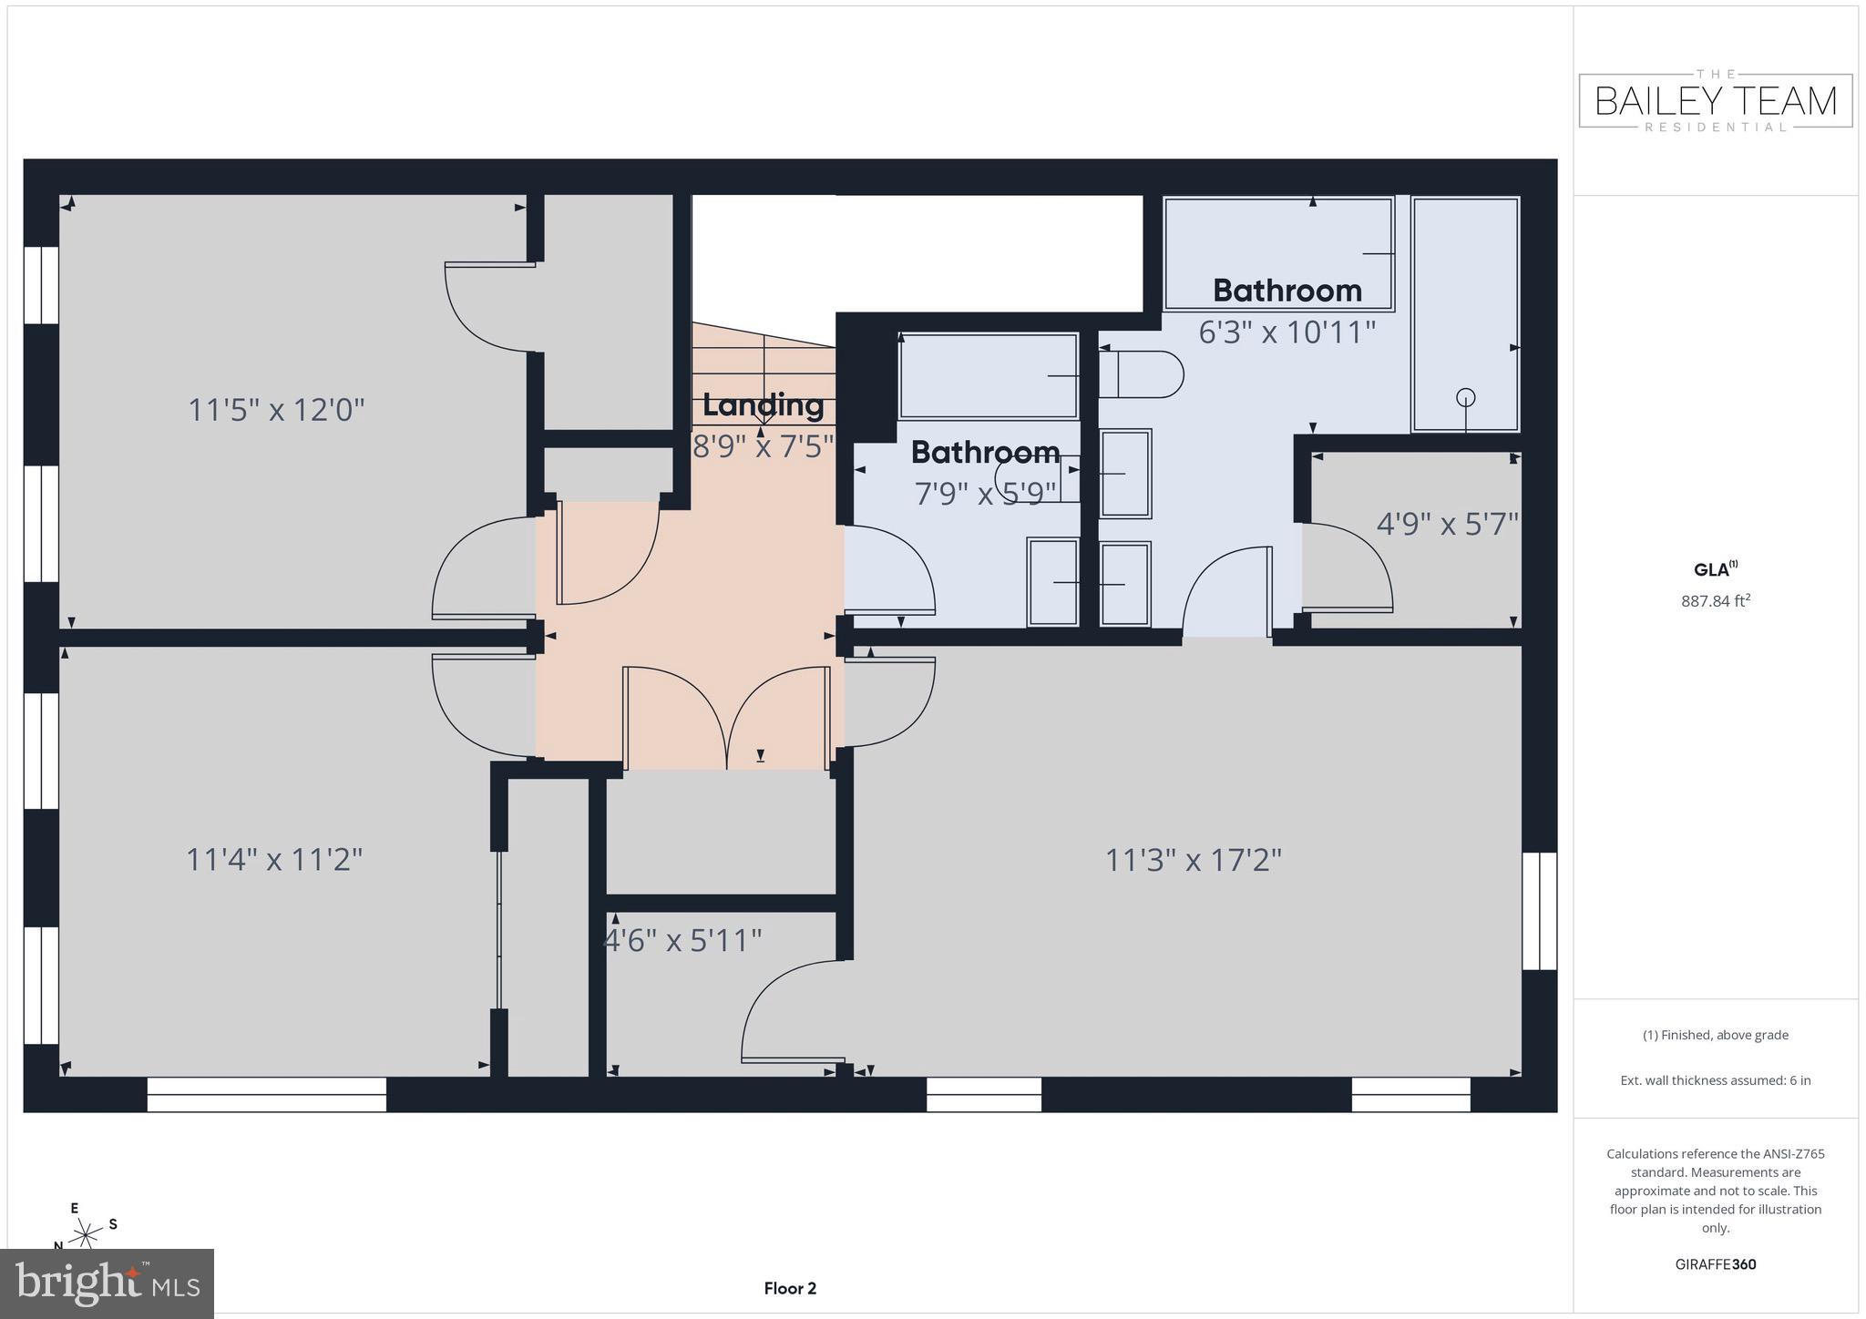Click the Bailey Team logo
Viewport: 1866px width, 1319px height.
pyautogui.click(x=1715, y=101)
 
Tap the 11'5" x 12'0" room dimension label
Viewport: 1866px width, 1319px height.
pyautogui.click(x=276, y=410)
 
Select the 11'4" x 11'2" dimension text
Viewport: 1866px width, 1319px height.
pyautogui.click(x=274, y=859)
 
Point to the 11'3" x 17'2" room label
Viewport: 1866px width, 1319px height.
pyautogui.click(x=1193, y=859)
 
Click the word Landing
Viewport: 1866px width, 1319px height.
pyautogui.click(x=763, y=405)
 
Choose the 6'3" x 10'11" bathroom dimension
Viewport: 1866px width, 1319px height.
pyautogui.click(x=1287, y=332)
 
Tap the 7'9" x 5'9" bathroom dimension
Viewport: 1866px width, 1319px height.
pyautogui.click(x=985, y=493)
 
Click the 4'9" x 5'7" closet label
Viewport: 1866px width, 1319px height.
pyautogui.click(x=1447, y=524)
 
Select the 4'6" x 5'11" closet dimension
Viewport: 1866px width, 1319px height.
pyautogui.click(x=683, y=939)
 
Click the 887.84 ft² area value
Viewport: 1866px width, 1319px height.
pyautogui.click(x=1715, y=601)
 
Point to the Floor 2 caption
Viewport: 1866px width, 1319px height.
pyautogui.click(x=790, y=1288)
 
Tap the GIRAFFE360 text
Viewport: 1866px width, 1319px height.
pyautogui.click(x=1715, y=1264)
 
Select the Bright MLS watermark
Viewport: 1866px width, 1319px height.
pyautogui.click(x=107, y=1283)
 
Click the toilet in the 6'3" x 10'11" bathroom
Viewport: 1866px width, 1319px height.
pyautogui.click(x=1140, y=374)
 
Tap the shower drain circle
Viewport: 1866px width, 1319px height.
pyautogui.click(x=1465, y=397)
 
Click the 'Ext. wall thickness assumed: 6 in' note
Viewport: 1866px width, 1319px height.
pyautogui.click(x=1715, y=1080)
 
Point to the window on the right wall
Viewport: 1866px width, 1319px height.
pyautogui.click(x=1539, y=911)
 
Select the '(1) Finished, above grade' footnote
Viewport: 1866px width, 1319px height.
pyautogui.click(x=1715, y=1035)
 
